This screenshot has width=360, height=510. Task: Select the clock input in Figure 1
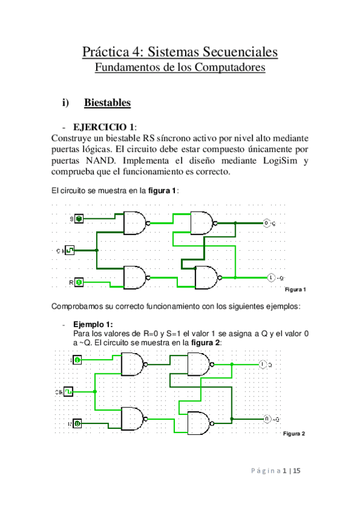coord(70,250)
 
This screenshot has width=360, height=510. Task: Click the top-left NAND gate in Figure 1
coord(135,223)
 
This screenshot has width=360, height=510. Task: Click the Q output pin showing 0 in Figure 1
coord(267,224)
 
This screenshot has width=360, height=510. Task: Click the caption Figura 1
coord(295,290)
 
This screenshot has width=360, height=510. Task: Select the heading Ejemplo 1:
coord(92,323)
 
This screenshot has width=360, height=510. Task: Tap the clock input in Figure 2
coord(69,392)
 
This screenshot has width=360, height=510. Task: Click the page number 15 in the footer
coord(296,472)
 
